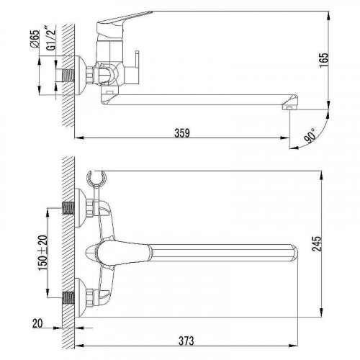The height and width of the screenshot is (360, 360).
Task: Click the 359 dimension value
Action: click(182, 133)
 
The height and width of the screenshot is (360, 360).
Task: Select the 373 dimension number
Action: click(186, 341)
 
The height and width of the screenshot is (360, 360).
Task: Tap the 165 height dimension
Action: click(324, 60)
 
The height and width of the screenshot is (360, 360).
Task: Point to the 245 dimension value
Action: click(317, 243)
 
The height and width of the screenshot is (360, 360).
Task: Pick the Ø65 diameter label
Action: click(35, 40)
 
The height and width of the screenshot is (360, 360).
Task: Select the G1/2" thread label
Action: click(51, 40)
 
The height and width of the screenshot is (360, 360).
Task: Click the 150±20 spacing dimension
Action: click(43, 253)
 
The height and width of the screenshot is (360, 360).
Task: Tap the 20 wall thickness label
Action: click(37, 323)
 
